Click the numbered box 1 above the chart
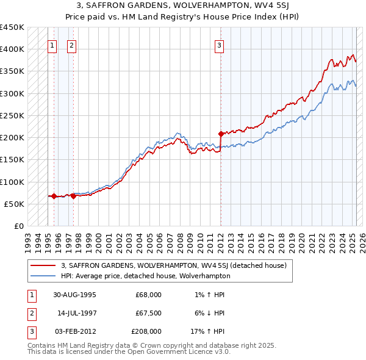tap(52, 45)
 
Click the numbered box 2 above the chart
tap(72, 45)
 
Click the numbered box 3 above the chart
tap(219, 45)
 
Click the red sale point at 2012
tap(221, 132)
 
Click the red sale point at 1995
tap(54, 196)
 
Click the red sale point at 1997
tap(73, 196)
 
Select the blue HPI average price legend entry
tap(145, 276)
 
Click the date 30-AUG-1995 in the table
tap(75, 295)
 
